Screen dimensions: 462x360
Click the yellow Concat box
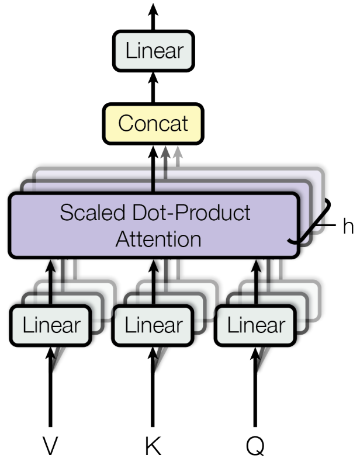tap(153, 123)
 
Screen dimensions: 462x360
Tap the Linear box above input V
tap(51, 325)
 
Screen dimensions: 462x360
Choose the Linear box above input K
tap(153, 325)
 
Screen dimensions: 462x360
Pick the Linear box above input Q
tap(255, 325)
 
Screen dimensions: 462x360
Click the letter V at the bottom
tap(51, 446)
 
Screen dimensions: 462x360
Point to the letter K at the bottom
tap(153, 446)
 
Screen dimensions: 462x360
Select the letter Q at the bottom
tap(255, 446)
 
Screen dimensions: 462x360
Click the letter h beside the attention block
tap(348, 227)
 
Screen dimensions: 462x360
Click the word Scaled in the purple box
tap(88, 213)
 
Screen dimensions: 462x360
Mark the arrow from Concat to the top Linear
tap(153, 86)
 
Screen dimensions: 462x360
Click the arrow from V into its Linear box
tap(51, 385)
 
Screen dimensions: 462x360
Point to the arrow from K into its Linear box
tap(153, 385)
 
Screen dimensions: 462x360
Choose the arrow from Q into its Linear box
tap(255, 385)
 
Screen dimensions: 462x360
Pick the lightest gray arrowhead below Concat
tap(178, 153)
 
